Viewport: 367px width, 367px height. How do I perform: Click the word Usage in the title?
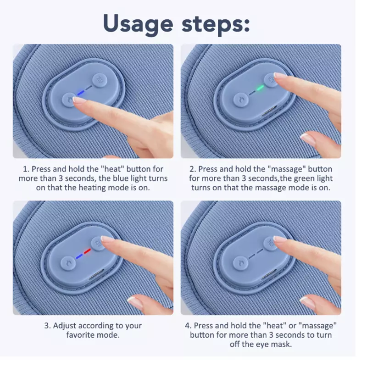pyautogui.click(x=138, y=24)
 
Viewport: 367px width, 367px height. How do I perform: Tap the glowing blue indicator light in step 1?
pyautogui.click(x=80, y=93)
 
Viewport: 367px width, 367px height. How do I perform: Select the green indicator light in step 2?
pyautogui.click(x=260, y=88)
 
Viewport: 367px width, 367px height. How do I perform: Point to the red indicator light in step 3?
pyautogui.click(x=87, y=251)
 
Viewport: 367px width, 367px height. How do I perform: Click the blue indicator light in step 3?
pyautogui.click(x=79, y=256)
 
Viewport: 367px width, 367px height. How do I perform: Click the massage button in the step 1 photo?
pyautogui.click(x=100, y=80)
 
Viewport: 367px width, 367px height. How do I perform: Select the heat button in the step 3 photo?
pyautogui.click(x=68, y=263)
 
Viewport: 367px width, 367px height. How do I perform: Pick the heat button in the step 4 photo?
pyautogui.click(x=240, y=263)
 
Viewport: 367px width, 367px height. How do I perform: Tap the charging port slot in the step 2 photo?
pyautogui.click(x=269, y=111)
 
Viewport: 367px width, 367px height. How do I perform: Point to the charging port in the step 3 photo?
pyautogui.click(x=96, y=274)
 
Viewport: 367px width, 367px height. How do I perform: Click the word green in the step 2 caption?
pyautogui.click(x=304, y=179)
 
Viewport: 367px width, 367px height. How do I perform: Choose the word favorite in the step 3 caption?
pyautogui.click(x=78, y=335)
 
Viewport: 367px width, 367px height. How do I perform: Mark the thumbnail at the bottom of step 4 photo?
pyautogui.click(x=307, y=303)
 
